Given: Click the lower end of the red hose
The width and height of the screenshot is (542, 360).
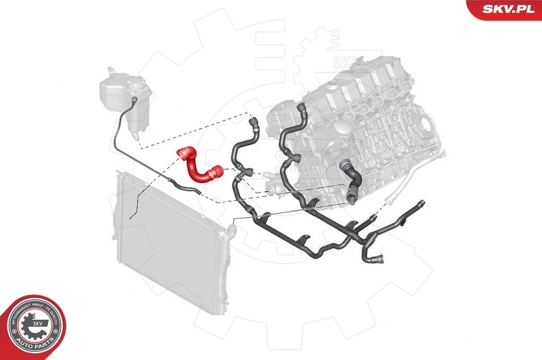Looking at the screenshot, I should pyautogui.click(x=221, y=176).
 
